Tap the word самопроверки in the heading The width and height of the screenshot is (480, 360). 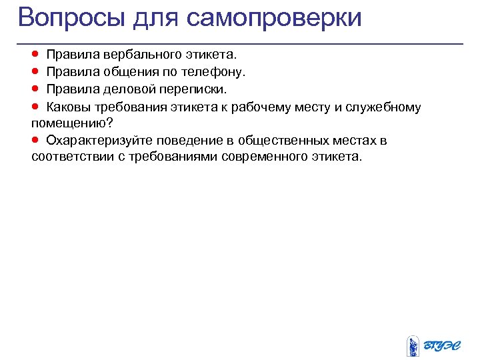(x=274, y=18)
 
